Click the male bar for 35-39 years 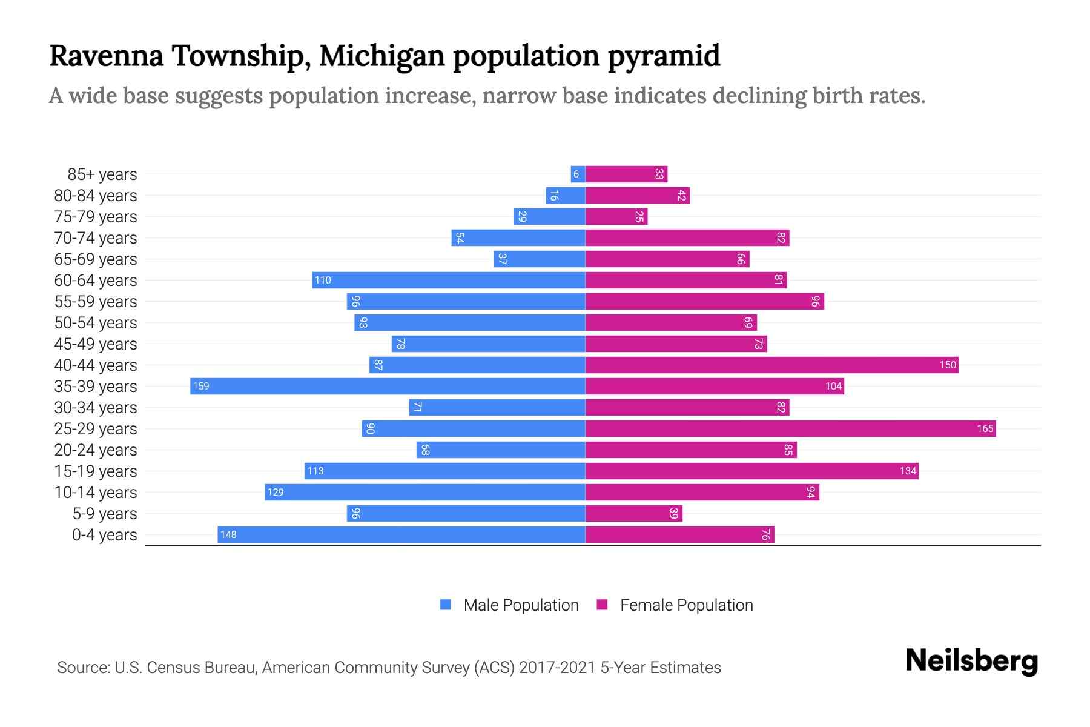point(388,386)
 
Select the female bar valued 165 point(790,428)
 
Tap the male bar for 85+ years point(578,174)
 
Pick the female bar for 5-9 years point(633,513)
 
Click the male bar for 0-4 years point(401,534)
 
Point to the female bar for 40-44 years point(771,365)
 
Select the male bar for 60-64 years point(449,280)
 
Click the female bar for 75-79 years point(616,216)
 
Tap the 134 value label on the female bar point(908,471)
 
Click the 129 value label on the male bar point(276,492)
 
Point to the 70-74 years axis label point(96,238)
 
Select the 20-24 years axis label point(96,450)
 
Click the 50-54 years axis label point(96,323)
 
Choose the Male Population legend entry point(521,605)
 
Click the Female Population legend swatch point(602,605)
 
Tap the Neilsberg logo point(971,661)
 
